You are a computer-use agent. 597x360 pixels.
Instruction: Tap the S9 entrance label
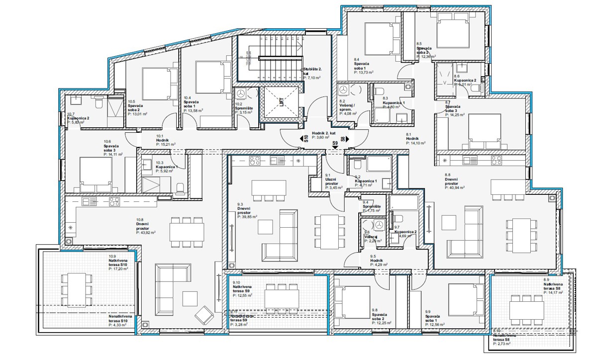click(x=335, y=143)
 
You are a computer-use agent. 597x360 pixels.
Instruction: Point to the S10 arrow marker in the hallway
click(x=304, y=140)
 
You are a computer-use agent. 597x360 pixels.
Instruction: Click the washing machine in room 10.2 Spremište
click(x=241, y=94)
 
